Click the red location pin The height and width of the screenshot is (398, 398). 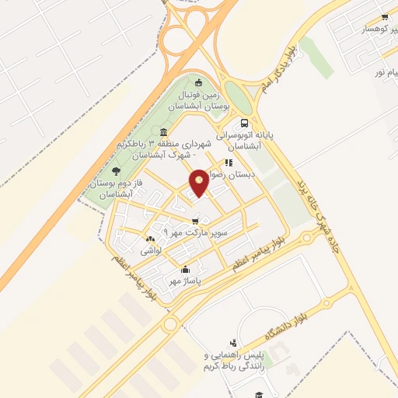tap(200, 181)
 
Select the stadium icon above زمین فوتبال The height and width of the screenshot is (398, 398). tap(199, 83)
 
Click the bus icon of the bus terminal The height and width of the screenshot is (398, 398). tap(246, 123)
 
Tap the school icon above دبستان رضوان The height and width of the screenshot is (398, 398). tap(229, 162)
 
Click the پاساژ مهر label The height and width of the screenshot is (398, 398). tap(186, 279)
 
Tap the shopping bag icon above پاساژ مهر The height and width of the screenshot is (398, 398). tap(179, 266)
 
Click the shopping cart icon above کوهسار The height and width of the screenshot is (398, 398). tap(385, 16)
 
